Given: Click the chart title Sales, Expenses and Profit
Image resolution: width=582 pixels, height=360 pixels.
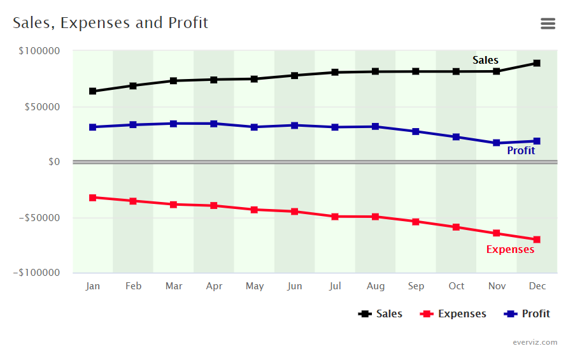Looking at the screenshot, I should pos(110,24).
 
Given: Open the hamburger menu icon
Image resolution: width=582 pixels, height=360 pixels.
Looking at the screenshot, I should pos(548,24).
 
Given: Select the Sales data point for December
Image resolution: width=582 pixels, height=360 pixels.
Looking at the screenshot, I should pos(537,63).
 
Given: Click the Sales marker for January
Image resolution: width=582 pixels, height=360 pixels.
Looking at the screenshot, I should pos(93,91).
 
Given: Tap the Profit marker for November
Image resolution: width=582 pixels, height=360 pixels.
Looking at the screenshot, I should pos(497,143).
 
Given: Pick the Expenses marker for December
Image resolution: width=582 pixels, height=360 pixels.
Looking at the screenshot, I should pos(537,240).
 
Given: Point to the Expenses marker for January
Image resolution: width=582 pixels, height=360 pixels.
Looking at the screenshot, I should pos(93,198).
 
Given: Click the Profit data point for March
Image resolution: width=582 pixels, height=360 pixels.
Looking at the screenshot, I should pos(174,124).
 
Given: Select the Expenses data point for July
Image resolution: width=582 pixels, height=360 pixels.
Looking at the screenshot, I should pos(335,217).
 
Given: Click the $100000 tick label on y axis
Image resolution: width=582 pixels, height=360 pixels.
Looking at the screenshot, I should pos(40,51).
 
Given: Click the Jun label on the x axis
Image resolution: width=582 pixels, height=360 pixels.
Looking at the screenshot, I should pos(295,286).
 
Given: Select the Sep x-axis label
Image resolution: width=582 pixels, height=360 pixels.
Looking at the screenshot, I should pos(416,286).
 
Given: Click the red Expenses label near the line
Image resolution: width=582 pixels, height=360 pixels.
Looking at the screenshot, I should pos(510,250).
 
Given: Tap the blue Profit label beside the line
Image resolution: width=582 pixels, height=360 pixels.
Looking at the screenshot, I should pos(521,151).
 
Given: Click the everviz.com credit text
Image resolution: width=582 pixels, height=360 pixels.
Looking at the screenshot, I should pos(535,342).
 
